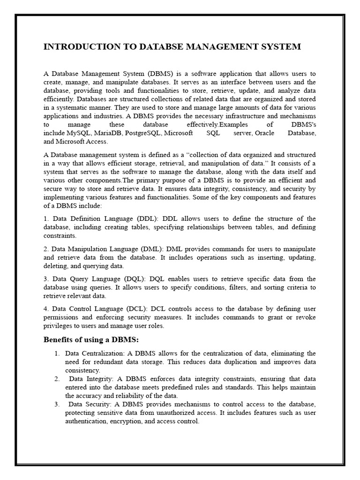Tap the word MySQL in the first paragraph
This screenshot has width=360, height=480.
tap(80, 133)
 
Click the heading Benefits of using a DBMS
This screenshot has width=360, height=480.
tap(91, 339)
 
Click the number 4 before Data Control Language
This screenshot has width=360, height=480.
tap(45, 309)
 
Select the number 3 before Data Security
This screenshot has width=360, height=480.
tap(56, 404)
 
